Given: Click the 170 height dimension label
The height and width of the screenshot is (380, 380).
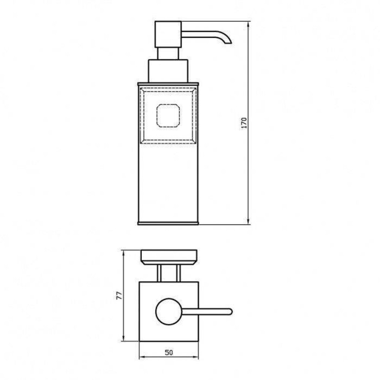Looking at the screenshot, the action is pyautogui.click(x=244, y=123).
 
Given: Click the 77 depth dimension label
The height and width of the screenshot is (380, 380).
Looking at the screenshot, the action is pyautogui.click(x=119, y=296).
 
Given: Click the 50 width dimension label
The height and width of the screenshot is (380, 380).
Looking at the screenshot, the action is pyautogui.click(x=169, y=353).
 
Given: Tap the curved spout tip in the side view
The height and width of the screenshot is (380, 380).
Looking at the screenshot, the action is pyautogui.click(x=228, y=42).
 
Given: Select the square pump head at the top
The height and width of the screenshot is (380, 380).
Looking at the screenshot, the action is pyautogui.click(x=168, y=35).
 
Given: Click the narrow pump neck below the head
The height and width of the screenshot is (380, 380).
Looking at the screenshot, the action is pyautogui.click(x=168, y=54).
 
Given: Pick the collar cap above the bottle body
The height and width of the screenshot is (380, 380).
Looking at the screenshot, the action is pyautogui.click(x=168, y=71).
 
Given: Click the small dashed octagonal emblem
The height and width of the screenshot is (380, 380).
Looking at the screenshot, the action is pyautogui.click(x=168, y=116).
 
